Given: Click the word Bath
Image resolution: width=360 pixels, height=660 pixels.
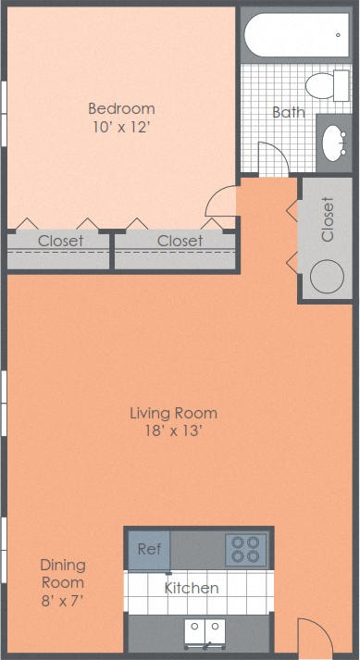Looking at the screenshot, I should (x=288, y=113).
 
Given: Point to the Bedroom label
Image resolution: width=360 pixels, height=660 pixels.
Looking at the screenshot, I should (x=121, y=108).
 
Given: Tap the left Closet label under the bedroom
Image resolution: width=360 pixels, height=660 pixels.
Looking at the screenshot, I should (x=60, y=241).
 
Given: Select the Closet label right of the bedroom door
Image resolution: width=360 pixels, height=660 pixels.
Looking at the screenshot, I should (x=180, y=241).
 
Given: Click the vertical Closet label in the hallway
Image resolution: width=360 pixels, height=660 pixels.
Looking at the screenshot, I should (x=327, y=219).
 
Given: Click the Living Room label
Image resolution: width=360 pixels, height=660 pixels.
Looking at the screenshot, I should (x=174, y=413).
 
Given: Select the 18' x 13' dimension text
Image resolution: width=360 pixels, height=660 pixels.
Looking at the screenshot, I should (x=174, y=430).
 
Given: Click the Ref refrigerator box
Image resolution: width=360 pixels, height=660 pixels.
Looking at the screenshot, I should (x=149, y=550).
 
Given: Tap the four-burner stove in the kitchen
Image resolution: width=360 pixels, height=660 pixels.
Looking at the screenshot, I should (x=246, y=550).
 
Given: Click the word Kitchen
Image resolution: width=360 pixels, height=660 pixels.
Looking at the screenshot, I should (x=192, y=588).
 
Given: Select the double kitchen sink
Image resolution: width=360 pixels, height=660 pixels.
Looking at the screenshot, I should (x=205, y=632).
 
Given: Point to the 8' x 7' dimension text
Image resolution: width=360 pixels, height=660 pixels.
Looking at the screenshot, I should (x=62, y=601).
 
